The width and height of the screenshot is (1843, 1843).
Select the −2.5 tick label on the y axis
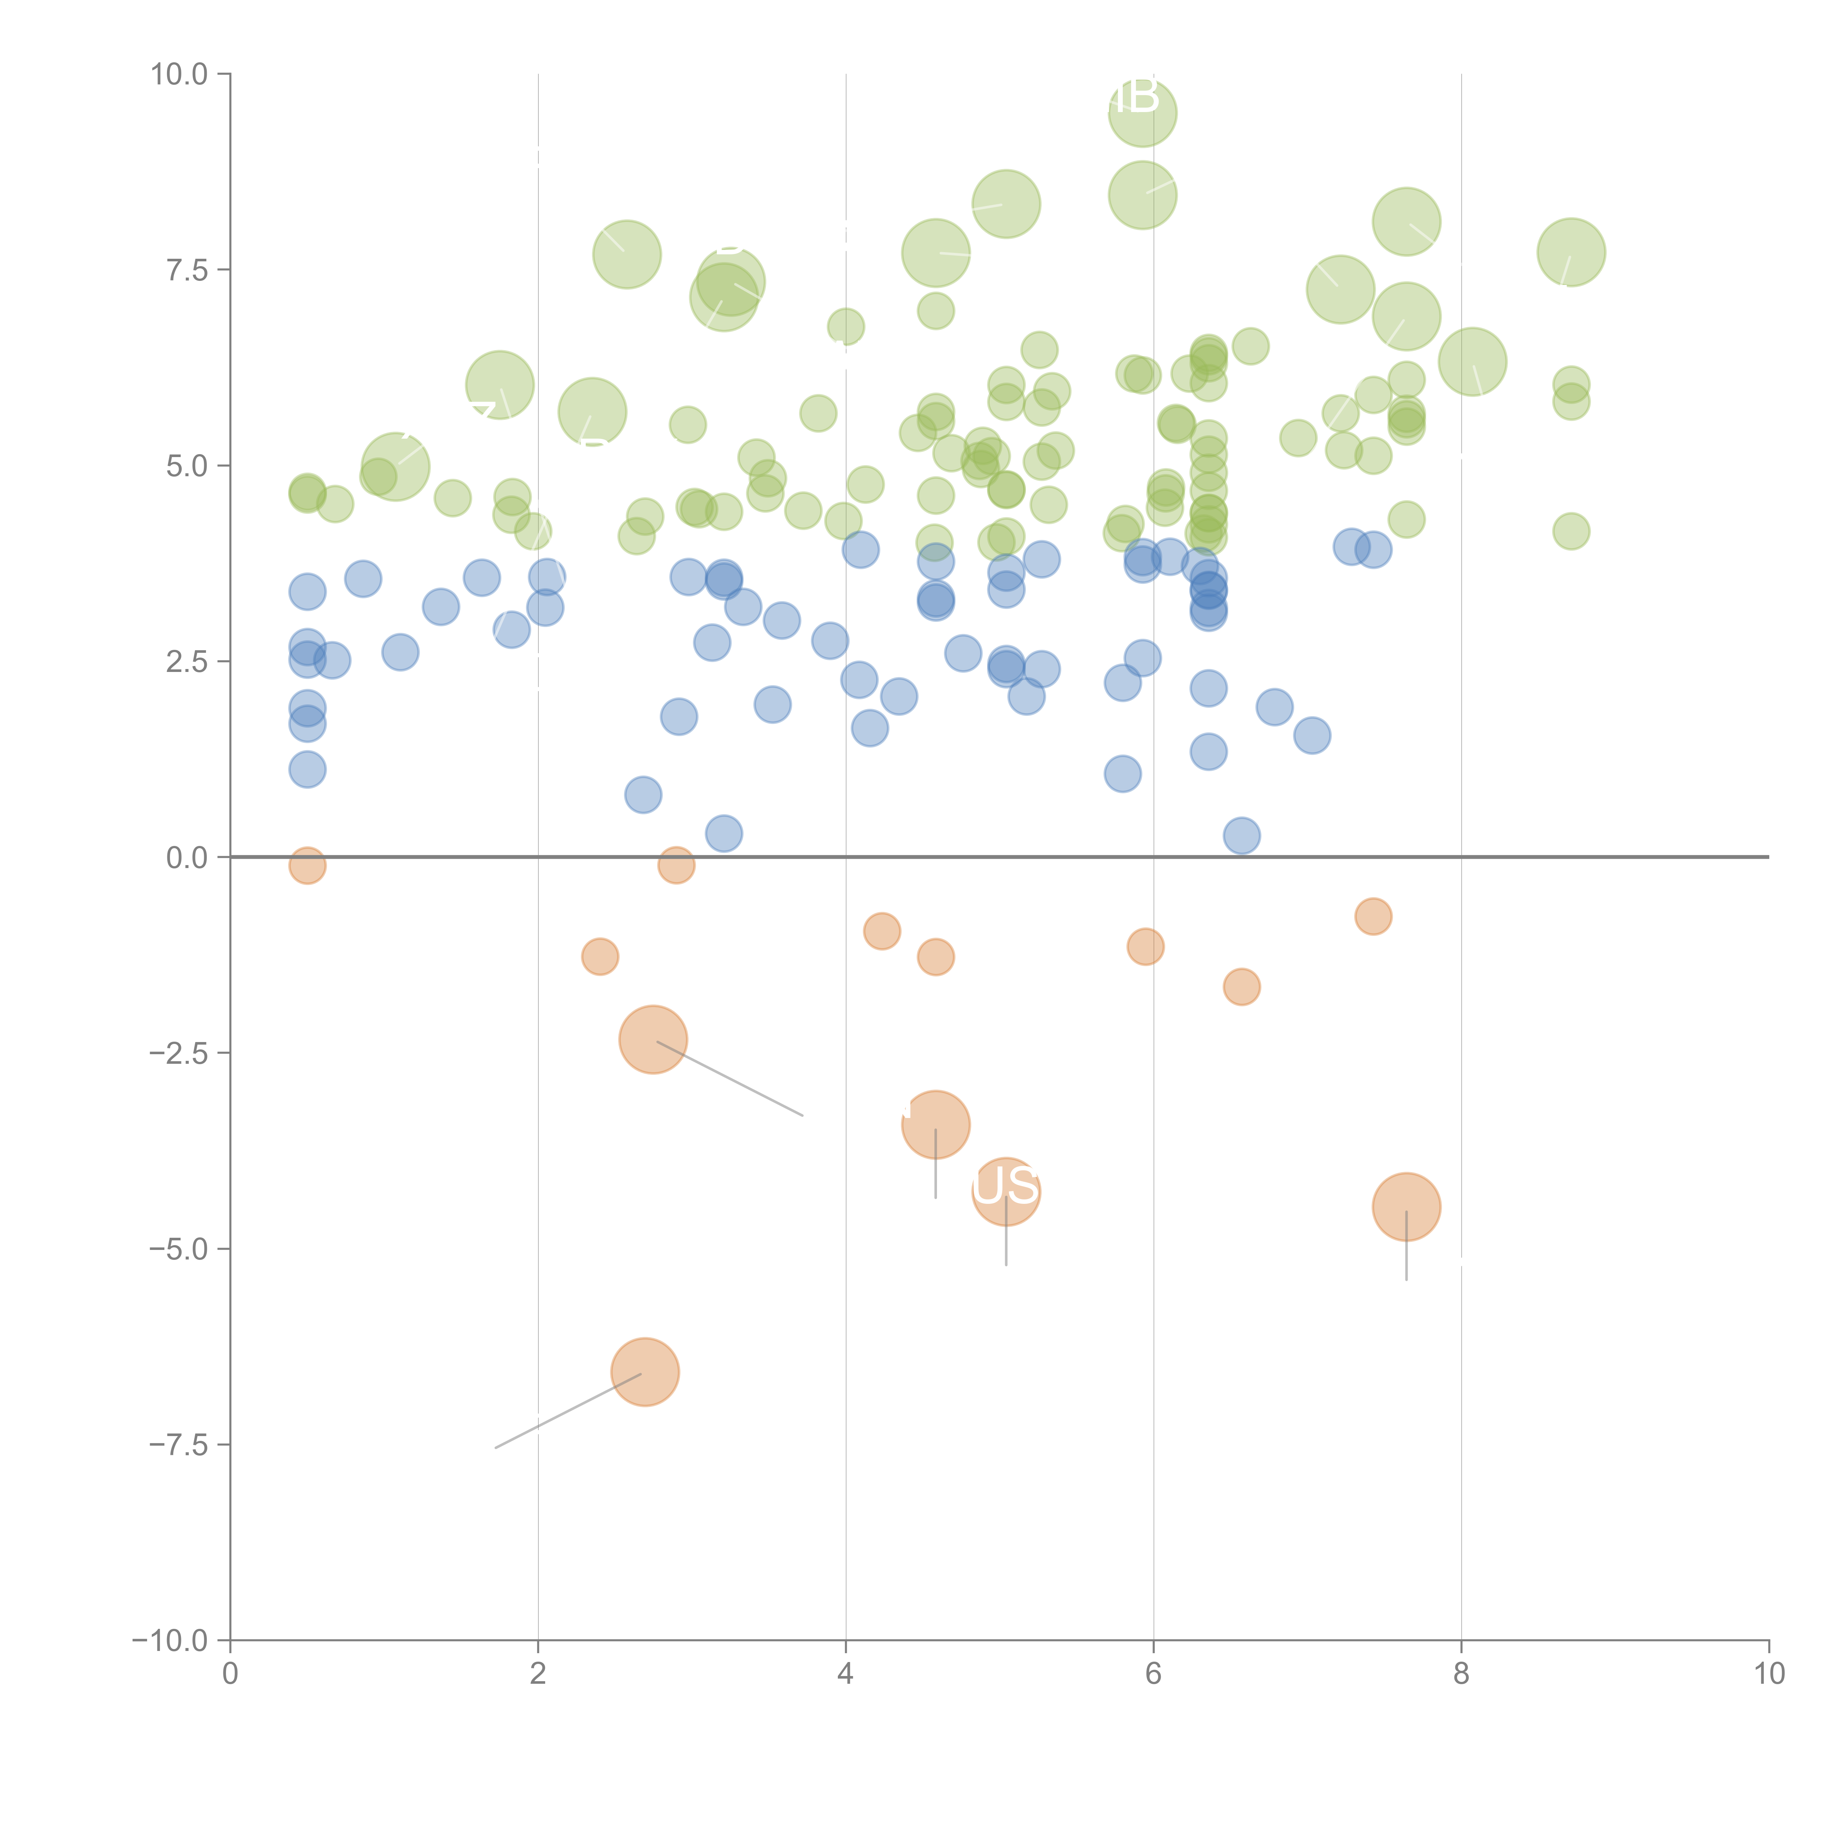178,1053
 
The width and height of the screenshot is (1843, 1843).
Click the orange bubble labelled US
1006,1191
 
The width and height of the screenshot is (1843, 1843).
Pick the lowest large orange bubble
645,1372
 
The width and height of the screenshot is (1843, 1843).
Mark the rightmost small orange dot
1373,917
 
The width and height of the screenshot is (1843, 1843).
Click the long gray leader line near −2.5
730,1078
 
